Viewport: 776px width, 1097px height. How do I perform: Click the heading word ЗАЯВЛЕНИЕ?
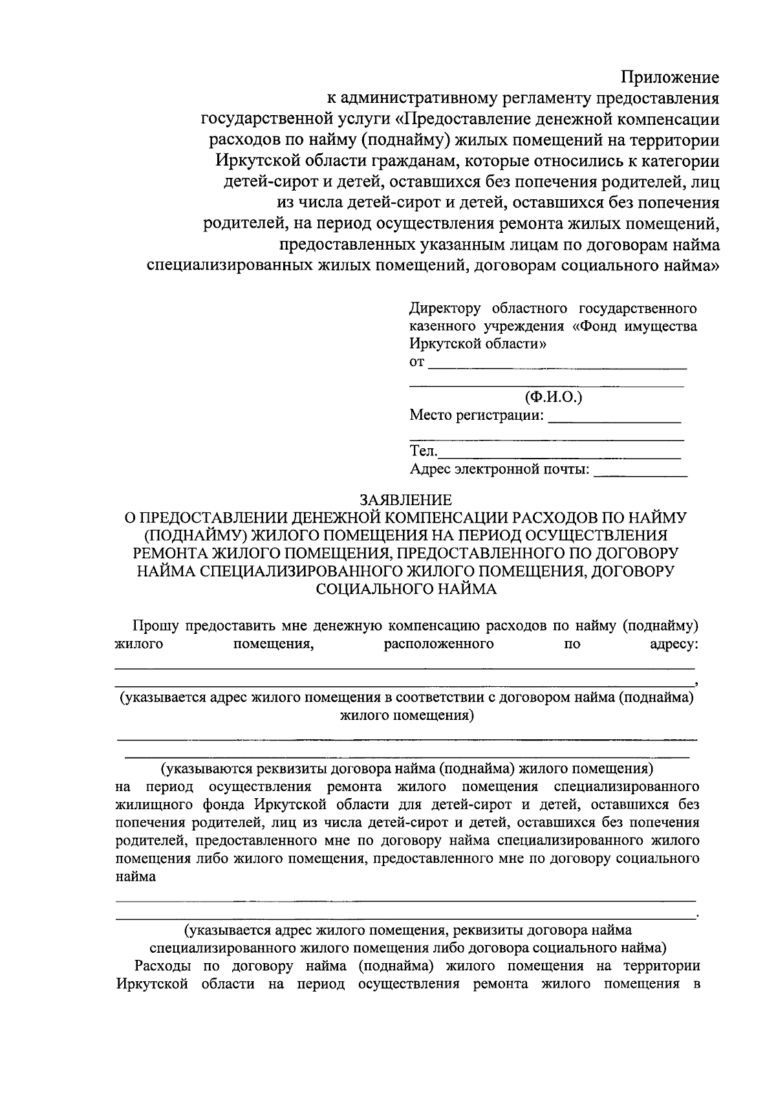tap(405, 500)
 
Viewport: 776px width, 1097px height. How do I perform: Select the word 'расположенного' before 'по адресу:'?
tap(438, 644)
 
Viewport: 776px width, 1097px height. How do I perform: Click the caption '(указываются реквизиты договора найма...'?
tap(407, 768)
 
